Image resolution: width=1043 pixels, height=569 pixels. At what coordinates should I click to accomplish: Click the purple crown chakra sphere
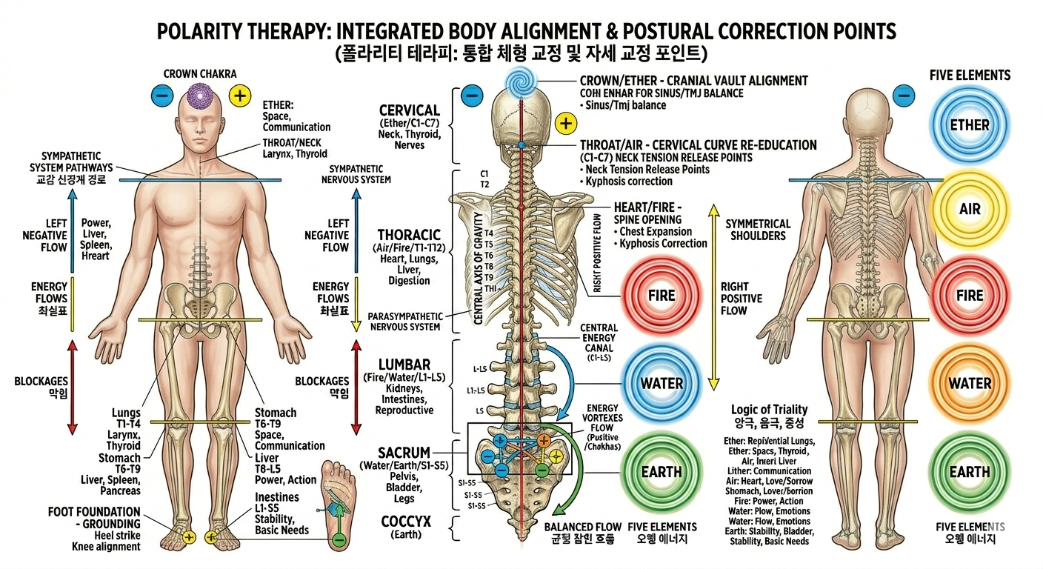pos(198,97)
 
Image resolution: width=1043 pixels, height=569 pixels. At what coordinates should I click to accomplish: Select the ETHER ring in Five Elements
pos(969,124)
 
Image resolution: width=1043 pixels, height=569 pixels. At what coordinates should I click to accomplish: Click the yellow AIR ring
pos(969,208)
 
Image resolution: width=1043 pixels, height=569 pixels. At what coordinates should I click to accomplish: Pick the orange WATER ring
pos(969,383)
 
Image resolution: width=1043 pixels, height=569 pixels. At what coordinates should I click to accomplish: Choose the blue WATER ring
pos(662,383)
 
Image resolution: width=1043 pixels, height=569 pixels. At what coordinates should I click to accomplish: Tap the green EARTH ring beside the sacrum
pos(662,472)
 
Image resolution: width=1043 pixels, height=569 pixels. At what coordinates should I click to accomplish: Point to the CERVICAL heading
pos(410,110)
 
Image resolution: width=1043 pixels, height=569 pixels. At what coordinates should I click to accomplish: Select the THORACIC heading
pos(410,234)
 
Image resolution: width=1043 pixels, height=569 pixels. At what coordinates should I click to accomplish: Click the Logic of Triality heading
pos(769,410)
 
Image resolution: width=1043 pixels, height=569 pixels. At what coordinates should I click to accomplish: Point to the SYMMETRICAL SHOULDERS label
pos(758,230)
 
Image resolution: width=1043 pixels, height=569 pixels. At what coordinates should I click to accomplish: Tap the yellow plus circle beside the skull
pos(566,123)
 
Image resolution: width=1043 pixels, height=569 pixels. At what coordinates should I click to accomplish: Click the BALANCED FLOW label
pos(577,527)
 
